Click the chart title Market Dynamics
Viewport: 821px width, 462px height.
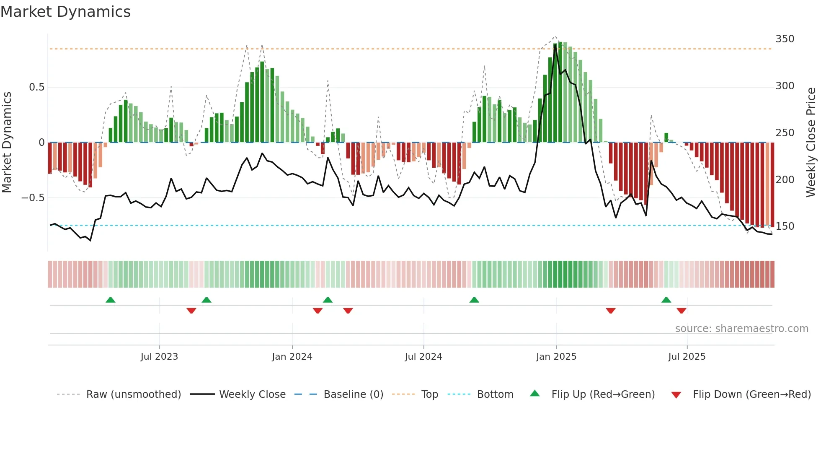65,12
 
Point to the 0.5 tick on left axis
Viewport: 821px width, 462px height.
36,87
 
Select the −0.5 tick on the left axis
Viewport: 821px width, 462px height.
33,198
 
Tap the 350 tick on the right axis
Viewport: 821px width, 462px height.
785,39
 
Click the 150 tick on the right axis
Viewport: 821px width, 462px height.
785,226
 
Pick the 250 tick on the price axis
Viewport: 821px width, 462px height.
785,133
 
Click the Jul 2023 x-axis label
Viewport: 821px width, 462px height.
159,357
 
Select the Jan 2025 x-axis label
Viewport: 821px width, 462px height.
556,357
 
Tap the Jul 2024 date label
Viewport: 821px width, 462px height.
423,357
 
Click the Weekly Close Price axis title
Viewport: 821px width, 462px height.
811,143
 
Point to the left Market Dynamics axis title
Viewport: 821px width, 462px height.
7,143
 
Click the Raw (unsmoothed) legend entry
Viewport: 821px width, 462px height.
133,395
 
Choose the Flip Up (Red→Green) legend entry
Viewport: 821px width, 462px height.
603,395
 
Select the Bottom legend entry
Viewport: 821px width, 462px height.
495,395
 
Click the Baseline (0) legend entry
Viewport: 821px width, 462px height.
353,395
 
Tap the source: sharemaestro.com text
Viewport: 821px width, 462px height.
741,329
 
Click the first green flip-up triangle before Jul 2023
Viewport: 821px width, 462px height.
110,300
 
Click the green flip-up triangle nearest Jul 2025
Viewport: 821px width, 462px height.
666,300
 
